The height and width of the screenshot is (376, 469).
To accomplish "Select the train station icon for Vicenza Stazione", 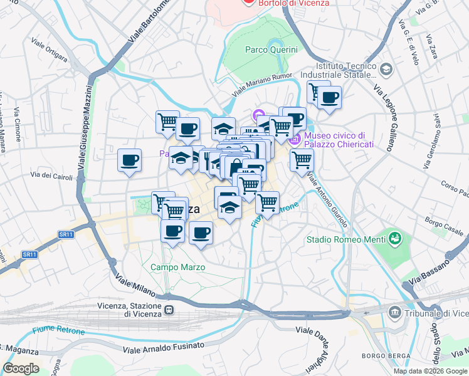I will pyautogui.click(x=169, y=310).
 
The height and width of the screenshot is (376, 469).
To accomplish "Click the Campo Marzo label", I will pyautogui.click(x=177, y=268).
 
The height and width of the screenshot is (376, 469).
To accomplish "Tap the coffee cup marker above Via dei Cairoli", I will pyautogui.click(x=130, y=161).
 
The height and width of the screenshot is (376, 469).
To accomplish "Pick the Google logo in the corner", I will pyautogui.click(x=21, y=368).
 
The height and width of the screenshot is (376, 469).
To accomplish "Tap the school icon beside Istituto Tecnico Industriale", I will pyautogui.click(x=386, y=68).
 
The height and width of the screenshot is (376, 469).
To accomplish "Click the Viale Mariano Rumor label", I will pyautogui.click(x=264, y=85).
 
